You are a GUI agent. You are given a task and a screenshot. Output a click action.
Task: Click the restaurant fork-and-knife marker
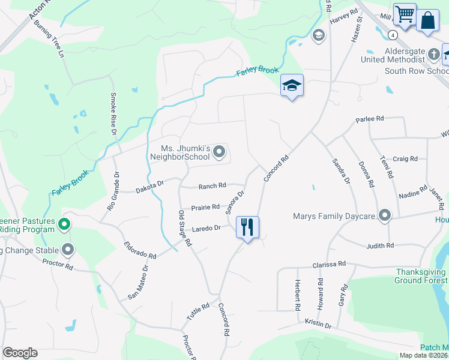pyautogui.click(x=247, y=227)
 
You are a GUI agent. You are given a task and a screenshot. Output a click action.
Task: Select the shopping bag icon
pyautogui.click(x=428, y=19)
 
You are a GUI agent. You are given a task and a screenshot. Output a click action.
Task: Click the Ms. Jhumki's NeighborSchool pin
pyautogui.click(x=219, y=152)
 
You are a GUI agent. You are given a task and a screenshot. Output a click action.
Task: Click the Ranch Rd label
pyautogui.click(x=212, y=186)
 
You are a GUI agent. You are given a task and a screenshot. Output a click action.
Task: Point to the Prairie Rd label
pyautogui.click(x=205, y=207)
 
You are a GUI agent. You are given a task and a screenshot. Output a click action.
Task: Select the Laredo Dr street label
pyautogui.click(x=206, y=228)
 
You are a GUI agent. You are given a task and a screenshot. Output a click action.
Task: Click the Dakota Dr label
pyautogui.click(x=149, y=187)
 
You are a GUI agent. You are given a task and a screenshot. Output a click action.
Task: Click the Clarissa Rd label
pyautogui.click(x=329, y=264)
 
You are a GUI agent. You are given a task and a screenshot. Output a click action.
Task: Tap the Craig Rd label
pyautogui.click(x=405, y=158)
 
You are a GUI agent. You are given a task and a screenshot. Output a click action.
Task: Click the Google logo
pyautogui.click(x=20, y=353)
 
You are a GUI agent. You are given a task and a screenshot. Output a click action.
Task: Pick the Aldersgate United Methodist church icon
pyautogui.click(x=434, y=55)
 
